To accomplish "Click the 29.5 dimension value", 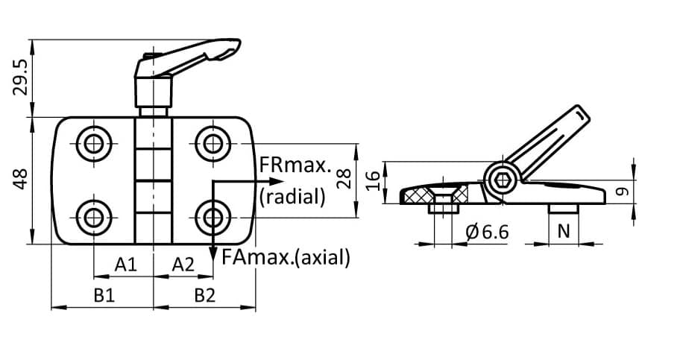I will tap(22, 78).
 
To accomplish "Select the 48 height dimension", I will tap(22, 180).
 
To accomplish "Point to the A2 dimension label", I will tap(183, 264).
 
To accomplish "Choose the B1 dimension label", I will tap(104, 295).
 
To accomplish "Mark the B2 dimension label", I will tap(205, 295).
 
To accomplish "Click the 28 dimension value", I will tap(344, 179).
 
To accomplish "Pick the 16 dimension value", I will tap(375, 180).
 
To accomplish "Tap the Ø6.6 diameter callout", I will tap(486, 232).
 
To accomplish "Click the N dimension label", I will tap(564, 232).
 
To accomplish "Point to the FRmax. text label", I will tap(295, 165).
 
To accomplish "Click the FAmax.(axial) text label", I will tap(286, 258).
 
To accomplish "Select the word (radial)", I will tap(293, 196).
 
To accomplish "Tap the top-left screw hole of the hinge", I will tap(94, 143).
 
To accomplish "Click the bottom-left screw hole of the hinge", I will tap(94, 218).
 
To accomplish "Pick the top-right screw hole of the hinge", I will tap(213, 143).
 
